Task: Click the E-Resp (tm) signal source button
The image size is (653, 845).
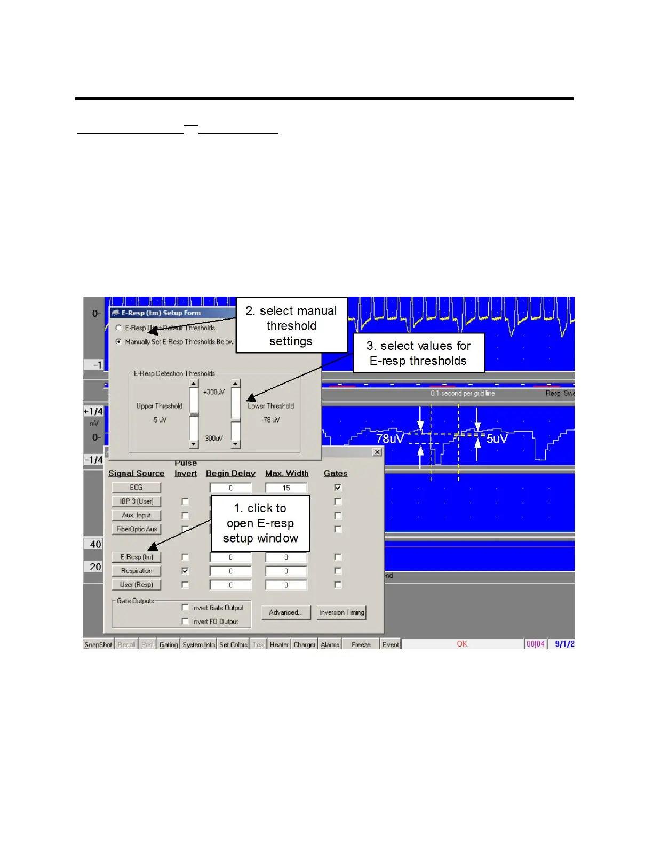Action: click(x=137, y=557)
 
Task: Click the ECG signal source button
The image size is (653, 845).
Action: click(x=136, y=488)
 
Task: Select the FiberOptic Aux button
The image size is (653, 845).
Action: click(x=137, y=529)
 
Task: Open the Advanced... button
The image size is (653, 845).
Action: click(x=286, y=612)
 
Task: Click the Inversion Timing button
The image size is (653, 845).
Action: click(x=341, y=612)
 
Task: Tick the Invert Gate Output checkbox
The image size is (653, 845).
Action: click(x=185, y=608)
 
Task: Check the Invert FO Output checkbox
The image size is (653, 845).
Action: click(x=185, y=621)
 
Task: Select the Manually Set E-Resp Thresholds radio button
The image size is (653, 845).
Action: click(x=119, y=342)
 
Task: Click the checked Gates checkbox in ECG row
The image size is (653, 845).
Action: click(x=338, y=488)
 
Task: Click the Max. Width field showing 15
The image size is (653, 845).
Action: click(x=286, y=488)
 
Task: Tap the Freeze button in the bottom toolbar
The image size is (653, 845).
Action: click(x=361, y=644)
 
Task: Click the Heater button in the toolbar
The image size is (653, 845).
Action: click(x=279, y=644)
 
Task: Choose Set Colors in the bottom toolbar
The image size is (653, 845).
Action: click(x=233, y=644)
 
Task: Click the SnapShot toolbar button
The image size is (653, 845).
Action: click(x=99, y=644)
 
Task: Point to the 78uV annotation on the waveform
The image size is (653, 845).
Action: click(x=390, y=439)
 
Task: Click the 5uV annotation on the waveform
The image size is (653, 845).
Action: click(x=497, y=439)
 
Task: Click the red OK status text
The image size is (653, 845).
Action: click(x=462, y=644)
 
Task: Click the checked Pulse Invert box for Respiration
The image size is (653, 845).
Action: click(x=185, y=571)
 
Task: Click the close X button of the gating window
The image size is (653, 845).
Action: click(x=377, y=452)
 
